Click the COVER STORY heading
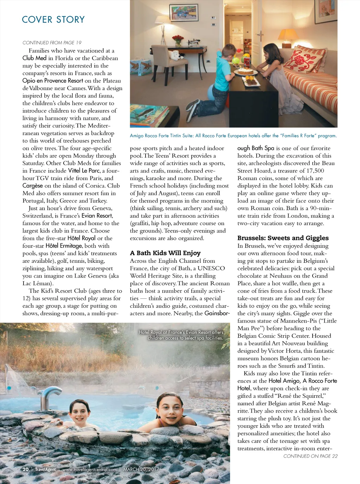click(x=53, y=19)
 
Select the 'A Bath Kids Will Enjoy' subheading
click(x=165, y=253)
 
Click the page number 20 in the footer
click(x=26, y=469)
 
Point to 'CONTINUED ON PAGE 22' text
click(x=310, y=456)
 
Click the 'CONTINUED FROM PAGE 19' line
click(x=52, y=43)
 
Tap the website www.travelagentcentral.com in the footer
click(x=89, y=469)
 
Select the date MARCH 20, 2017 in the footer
click(x=141, y=469)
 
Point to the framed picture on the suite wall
click(x=184, y=13)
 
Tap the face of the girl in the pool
click(x=170, y=409)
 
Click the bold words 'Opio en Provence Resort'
click(x=53, y=81)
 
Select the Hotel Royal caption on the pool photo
click(x=181, y=335)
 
